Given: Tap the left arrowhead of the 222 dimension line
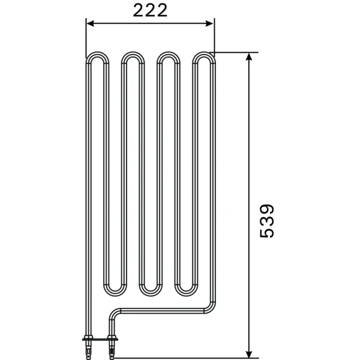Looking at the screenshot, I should click(x=90, y=23).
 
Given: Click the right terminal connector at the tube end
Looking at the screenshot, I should click(x=111, y=345).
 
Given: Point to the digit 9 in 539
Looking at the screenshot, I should click(x=267, y=208).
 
